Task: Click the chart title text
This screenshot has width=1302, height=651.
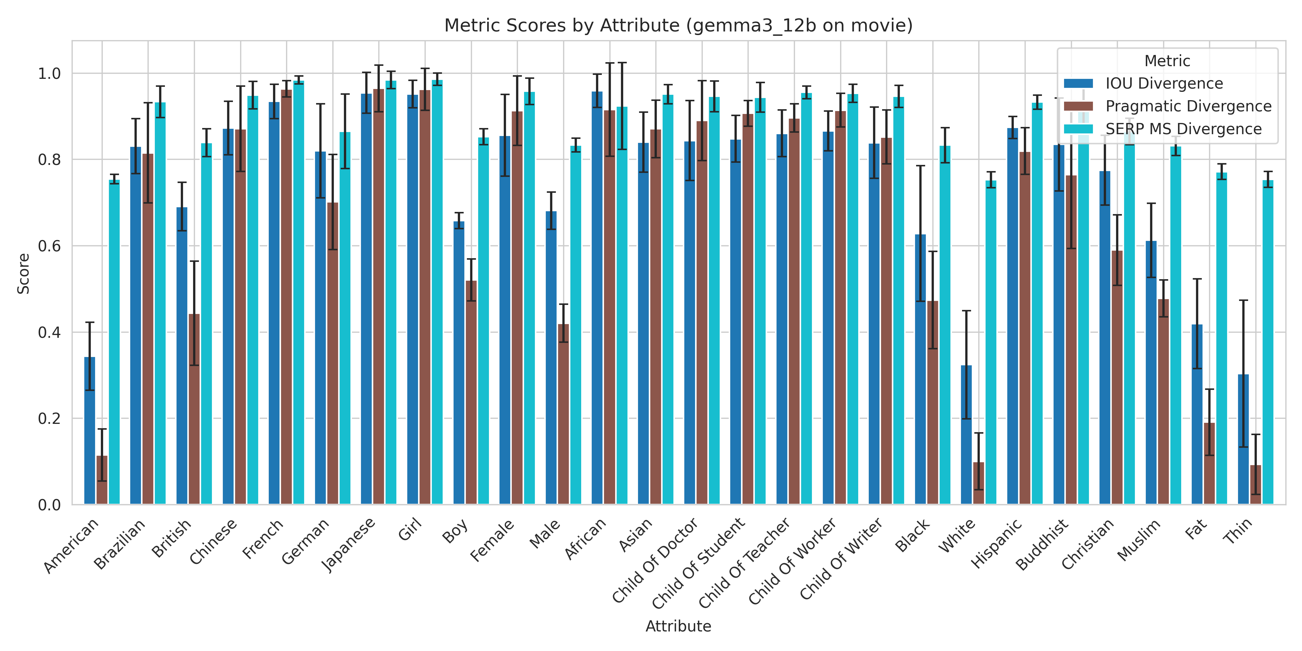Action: [678, 25]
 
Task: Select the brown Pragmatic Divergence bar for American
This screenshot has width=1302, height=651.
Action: [102, 480]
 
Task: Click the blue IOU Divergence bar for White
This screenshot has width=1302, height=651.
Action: [966, 435]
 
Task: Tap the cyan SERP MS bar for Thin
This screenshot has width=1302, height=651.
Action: [1268, 344]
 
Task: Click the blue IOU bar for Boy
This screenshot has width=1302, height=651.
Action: [459, 364]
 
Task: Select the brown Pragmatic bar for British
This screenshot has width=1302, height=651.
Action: [194, 409]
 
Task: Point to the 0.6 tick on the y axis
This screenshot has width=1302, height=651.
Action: [49, 246]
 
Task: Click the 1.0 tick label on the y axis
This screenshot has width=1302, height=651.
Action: [49, 74]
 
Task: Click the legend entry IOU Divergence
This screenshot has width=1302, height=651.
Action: [1164, 84]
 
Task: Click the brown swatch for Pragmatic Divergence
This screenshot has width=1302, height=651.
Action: [1078, 106]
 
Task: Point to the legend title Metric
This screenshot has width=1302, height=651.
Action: [1167, 61]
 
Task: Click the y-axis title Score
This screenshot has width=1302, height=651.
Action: [23, 273]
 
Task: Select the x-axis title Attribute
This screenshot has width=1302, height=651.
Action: [678, 626]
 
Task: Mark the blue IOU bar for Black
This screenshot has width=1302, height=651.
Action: [920, 369]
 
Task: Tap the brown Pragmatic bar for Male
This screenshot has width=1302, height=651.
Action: [563, 414]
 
